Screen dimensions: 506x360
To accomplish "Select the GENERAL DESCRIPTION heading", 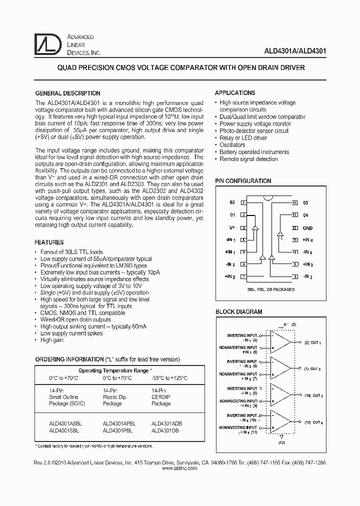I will (67, 93).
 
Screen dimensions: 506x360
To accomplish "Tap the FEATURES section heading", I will (49, 242).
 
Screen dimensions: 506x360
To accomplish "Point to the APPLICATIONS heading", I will (235, 93).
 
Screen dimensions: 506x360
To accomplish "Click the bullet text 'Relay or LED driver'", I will (243, 138).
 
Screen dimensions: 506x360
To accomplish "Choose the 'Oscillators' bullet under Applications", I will (232, 145).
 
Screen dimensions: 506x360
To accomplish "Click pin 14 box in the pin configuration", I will (294, 202).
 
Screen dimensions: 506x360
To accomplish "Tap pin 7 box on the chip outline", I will (243, 276).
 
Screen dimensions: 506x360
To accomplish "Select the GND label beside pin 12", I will (307, 227).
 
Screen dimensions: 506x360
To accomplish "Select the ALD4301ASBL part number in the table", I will (65, 423).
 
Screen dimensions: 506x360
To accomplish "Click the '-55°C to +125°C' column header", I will (169, 378).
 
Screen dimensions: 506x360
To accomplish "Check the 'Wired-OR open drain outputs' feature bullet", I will (75, 319).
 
